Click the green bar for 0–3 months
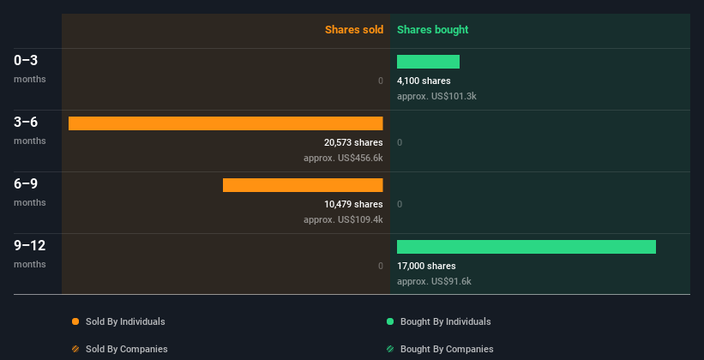tap(428, 62)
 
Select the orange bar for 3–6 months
tap(226, 123)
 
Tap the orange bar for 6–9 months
tap(303, 185)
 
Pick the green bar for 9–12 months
tap(526, 247)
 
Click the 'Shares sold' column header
tap(354, 30)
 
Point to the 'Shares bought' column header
tap(432, 30)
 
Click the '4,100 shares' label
tap(424, 81)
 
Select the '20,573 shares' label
tap(353, 142)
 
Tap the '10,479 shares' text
tap(353, 204)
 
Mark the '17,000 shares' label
tap(426, 266)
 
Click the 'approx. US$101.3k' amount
tap(436, 96)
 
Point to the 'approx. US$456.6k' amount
tap(343, 158)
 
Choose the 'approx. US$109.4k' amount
tap(343, 219)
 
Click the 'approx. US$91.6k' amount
tap(434, 281)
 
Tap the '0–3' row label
tap(26, 60)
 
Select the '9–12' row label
tap(30, 245)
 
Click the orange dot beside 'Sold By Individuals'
tap(75, 321)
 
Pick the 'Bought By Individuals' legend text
tap(445, 321)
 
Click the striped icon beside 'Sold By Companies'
tap(75, 349)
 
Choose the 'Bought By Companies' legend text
tap(447, 349)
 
